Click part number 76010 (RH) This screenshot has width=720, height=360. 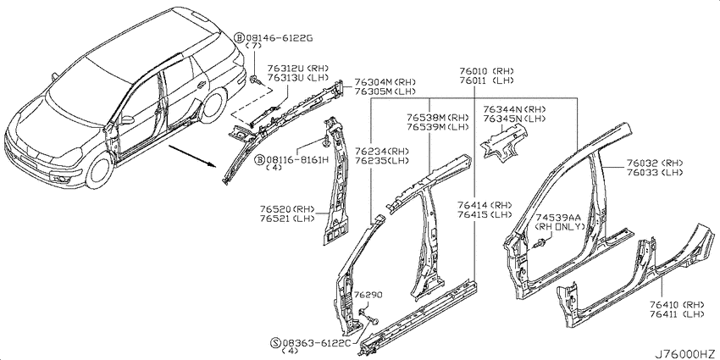486,72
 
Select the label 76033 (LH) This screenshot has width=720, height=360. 654,173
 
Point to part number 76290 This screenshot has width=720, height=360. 368,295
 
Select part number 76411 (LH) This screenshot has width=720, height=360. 678,314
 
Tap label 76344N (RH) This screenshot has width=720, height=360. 514,109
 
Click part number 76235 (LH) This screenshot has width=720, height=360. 381,161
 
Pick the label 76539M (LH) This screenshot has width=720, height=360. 438,127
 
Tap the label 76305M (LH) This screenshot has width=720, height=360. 385,91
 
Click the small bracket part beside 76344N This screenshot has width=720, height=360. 504,143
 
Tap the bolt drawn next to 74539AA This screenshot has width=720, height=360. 540,244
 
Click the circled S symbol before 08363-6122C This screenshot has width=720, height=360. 275,343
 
